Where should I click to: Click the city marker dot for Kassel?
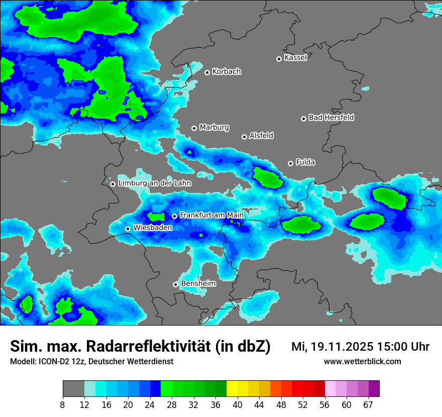pos(279,59)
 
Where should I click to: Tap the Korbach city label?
pos(227,72)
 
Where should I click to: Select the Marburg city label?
pos(214,128)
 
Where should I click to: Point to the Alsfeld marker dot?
pos(244,137)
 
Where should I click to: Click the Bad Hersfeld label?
pos(331,118)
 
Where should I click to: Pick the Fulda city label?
pos(305,162)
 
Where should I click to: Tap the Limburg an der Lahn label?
pos(155,183)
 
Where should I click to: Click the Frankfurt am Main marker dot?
pos(174,216)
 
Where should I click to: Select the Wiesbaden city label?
pos(153,228)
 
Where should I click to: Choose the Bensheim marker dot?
pos(175,284)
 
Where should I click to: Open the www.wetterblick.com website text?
pos(362,362)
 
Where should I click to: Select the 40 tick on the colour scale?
pos(237,404)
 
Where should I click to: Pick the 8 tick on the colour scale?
pos(63,404)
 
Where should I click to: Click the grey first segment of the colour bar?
pos(73,389)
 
